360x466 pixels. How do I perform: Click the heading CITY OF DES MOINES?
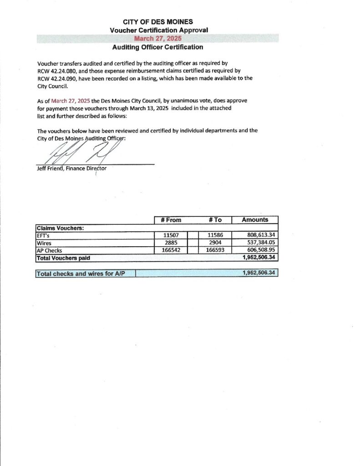click(157, 22)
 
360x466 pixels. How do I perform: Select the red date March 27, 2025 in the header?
click(157, 39)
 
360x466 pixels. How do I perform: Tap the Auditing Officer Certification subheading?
click(157, 47)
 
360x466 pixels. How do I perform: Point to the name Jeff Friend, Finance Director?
click(71, 168)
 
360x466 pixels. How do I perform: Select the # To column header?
click(215, 220)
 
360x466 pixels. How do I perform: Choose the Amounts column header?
click(255, 220)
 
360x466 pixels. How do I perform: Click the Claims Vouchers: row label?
click(59, 228)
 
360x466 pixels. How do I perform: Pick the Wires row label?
click(44, 243)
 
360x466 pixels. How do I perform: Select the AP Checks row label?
click(49, 250)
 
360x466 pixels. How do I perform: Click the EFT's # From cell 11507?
click(171, 235)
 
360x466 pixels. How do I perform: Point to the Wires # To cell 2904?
click(215, 243)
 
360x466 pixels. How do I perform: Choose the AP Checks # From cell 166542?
click(171, 250)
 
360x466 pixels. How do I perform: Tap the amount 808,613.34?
click(261, 235)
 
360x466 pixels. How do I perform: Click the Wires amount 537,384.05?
click(261, 243)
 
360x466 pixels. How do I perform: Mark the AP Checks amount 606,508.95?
click(261, 250)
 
